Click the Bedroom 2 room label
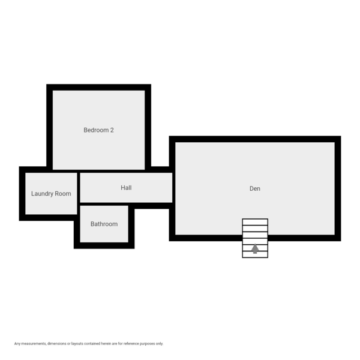pos(98,130)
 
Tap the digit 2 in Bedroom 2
pos(112,130)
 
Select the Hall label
pos(126,188)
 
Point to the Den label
pos(255,188)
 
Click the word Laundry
pos(43,194)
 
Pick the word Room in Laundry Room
pos(63,194)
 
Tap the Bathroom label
pos(104,224)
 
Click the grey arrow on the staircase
pos(255,248)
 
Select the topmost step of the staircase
pos(255,222)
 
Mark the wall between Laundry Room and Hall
pos(79,193)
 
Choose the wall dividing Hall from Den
pos(173,188)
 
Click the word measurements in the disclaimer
pos(34,344)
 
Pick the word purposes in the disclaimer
pos(148,344)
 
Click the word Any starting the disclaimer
pos(17,344)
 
